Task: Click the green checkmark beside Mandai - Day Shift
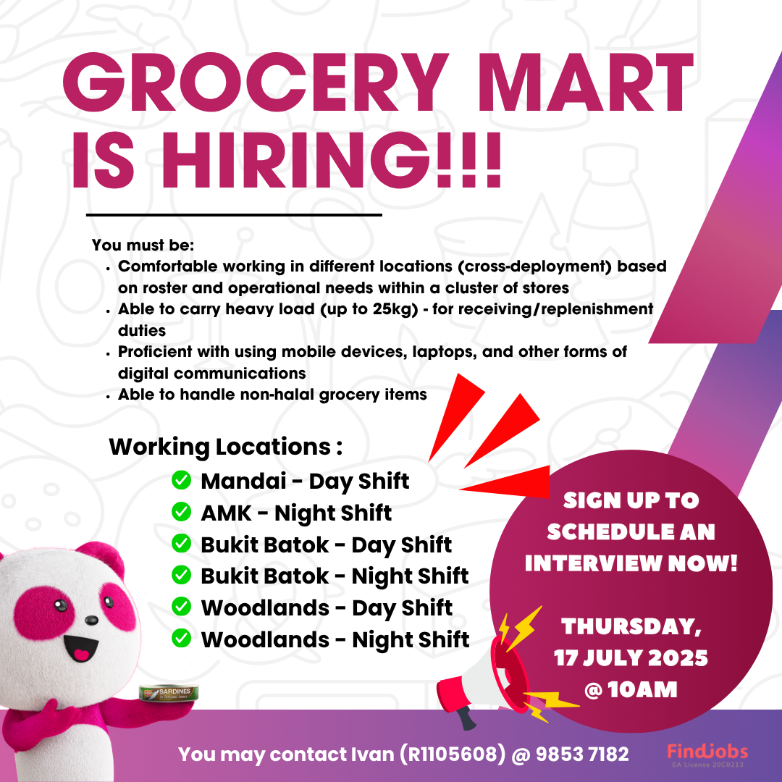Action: [x=181, y=480]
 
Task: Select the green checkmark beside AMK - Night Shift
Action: [x=181, y=512]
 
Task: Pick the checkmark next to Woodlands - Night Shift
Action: [x=181, y=638]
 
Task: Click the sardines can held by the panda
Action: [x=169, y=693]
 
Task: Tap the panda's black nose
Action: [x=91, y=620]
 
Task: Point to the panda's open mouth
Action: [x=80, y=648]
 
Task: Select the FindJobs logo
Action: [x=707, y=754]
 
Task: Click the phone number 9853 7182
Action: [x=582, y=754]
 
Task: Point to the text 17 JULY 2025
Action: [x=631, y=657]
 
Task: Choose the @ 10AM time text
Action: [x=631, y=690]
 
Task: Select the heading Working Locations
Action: [x=220, y=446]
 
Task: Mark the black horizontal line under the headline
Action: [x=234, y=215]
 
